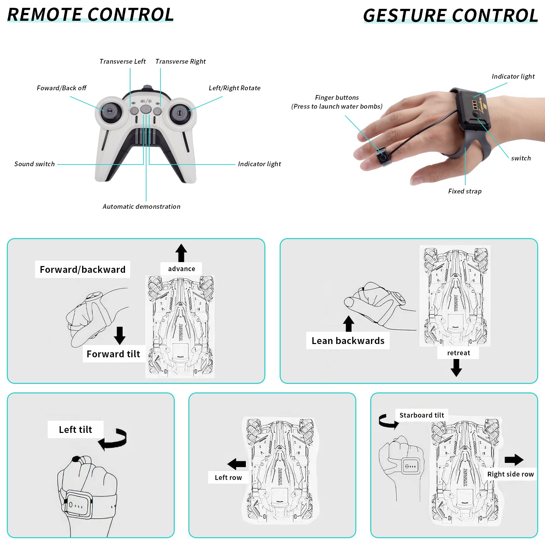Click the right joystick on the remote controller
tap(180, 113)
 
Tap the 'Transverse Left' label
tap(123, 61)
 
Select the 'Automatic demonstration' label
tap(142, 206)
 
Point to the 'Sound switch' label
tap(34, 164)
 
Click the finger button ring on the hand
tap(383, 157)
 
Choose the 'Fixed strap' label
tap(465, 191)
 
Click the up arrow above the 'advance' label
tap(181, 253)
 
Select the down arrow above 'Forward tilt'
tap(120, 336)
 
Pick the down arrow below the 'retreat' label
tap(456, 368)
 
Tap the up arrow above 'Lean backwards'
tap(348, 324)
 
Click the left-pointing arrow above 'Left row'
tap(237, 464)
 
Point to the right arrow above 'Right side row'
tap(514, 460)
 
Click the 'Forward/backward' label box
tap(82, 269)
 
